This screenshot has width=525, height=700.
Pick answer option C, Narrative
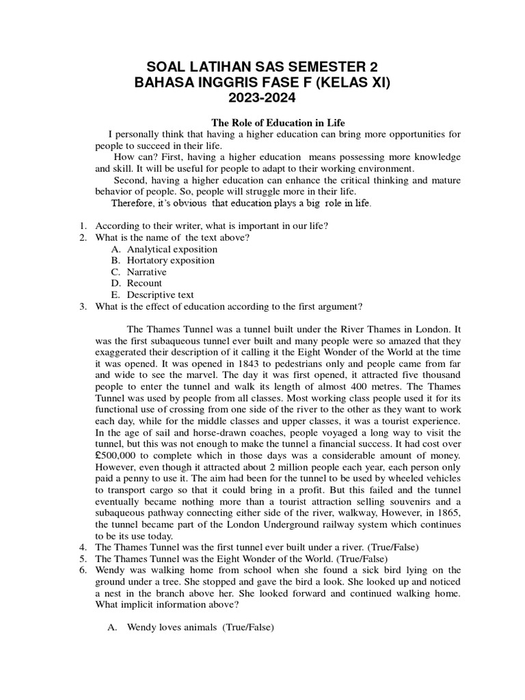coord(146,271)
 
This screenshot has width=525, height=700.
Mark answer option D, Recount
coord(144,283)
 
